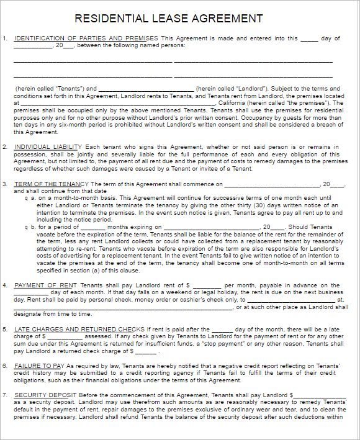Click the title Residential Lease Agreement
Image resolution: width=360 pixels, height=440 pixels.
click(x=168, y=19)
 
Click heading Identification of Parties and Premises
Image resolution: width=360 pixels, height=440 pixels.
click(x=86, y=38)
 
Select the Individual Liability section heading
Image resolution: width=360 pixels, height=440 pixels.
click(x=48, y=147)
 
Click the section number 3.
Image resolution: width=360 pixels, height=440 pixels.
click(x=5, y=184)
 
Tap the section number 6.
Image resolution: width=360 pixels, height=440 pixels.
click(x=5, y=366)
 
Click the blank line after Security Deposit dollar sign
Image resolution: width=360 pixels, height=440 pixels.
click(x=319, y=395)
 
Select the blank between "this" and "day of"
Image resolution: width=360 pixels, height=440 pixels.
click(x=308, y=38)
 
